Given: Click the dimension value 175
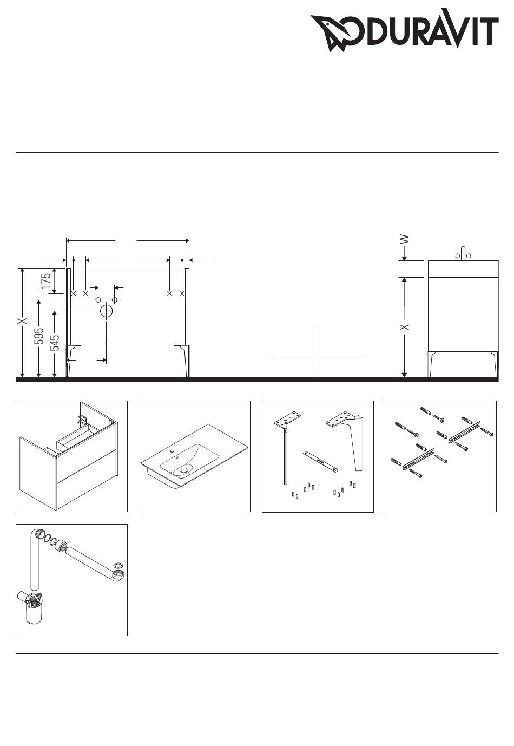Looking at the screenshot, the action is (x=46, y=281).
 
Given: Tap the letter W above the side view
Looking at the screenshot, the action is (x=405, y=239).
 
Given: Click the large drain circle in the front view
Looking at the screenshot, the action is (x=107, y=311).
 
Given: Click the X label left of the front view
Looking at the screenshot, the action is (x=23, y=320).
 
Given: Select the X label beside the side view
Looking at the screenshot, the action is (x=405, y=327).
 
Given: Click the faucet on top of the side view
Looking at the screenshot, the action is (x=463, y=254).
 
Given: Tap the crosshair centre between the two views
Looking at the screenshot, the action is (x=319, y=359).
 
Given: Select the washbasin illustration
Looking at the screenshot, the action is (x=194, y=457).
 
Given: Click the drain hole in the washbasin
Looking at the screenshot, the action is (x=183, y=470).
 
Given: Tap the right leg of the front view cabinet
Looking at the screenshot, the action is (x=184, y=361).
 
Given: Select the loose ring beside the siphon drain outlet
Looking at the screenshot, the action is (x=118, y=566).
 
